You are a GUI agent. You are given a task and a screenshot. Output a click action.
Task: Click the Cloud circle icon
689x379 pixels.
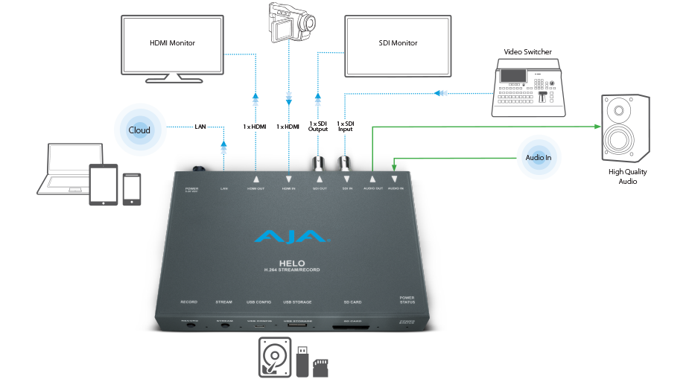click(x=139, y=130)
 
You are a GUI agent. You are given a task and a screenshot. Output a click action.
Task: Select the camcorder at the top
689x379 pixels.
click(x=288, y=22)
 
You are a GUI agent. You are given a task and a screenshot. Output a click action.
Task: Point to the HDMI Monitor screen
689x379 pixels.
click(x=173, y=44)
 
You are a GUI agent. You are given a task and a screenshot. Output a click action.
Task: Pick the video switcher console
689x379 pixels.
click(x=529, y=89)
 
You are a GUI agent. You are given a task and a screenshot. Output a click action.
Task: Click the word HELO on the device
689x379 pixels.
click(x=290, y=262)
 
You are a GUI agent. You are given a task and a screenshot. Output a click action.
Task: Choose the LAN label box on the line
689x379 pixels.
click(x=200, y=127)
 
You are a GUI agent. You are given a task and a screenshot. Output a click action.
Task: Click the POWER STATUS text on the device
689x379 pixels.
click(x=407, y=300)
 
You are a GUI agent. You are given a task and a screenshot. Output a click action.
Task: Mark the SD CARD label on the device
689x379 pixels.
click(x=352, y=302)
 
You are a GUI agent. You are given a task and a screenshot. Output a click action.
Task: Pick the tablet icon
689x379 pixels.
click(x=103, y=186)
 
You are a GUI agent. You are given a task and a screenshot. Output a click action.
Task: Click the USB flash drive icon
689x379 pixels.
click(x=302, y=360)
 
